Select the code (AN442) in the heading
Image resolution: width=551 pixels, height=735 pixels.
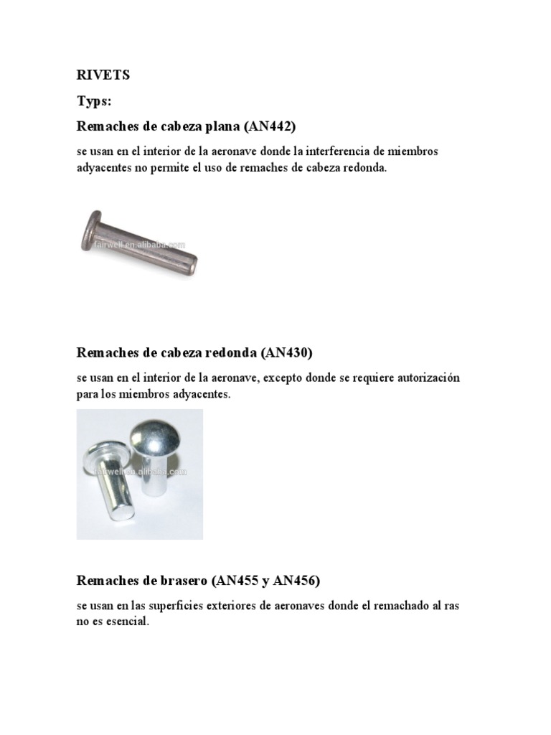[270, 126]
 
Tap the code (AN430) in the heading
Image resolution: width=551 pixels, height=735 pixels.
[287, 352]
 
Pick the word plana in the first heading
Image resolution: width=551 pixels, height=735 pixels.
[222, 126]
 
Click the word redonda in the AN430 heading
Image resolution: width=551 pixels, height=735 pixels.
[231, 352]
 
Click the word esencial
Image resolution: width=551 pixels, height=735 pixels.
[123, 622]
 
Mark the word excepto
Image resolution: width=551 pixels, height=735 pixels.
[289, 378]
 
